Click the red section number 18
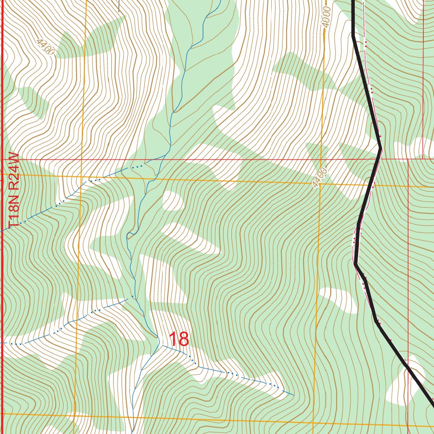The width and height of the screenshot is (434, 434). click(x=178, y=339)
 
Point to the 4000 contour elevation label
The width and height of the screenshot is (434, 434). click(x=325, y=17)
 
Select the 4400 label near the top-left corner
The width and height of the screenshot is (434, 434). click(x=45, y=47)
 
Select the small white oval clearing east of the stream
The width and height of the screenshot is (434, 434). click(x=173, y=200)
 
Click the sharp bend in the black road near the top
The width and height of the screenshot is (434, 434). click(x=353, y=36)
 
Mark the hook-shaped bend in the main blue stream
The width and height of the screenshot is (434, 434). click(x=131, y=234)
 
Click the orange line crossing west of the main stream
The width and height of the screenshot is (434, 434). click(x=81, y=175)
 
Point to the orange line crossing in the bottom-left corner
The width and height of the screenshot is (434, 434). click(x=75, y=415)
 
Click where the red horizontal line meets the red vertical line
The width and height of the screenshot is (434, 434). click(x=408, y=160)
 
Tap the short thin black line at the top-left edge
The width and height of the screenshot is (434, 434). click(x=119, y=5)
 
